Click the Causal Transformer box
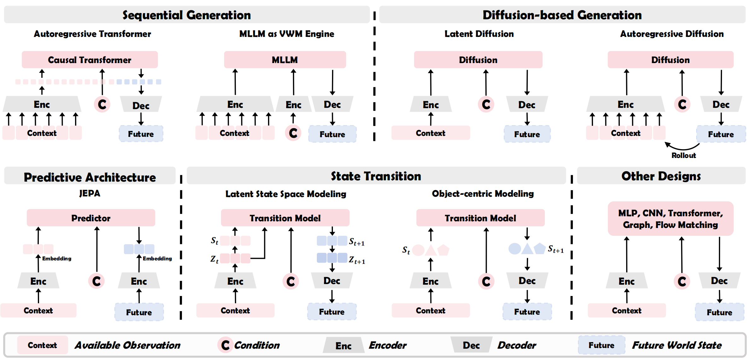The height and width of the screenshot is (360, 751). (x=90, y=60)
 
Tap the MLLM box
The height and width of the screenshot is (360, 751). (x=285, y=60)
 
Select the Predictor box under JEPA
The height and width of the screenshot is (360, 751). (x=91, y=218)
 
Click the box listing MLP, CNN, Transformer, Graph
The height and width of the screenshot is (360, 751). (x=670, y=219)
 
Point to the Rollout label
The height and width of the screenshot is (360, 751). (x=683, y=155)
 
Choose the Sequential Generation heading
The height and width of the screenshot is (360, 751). (x=187, y=15)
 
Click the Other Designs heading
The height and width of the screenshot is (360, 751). (x=661, y=176)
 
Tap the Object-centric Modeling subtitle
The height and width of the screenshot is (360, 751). (x=482, y=194)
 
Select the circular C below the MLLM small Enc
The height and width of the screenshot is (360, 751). (x=293, y=133)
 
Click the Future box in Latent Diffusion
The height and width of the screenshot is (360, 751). (x=527, y=134)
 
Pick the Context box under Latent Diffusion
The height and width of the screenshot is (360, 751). (x=430, y=133)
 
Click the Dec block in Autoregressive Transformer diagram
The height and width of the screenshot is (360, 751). (x=141, y=105)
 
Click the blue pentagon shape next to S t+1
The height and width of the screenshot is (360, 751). (x=539, y=248)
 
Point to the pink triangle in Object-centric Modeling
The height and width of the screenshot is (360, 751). (x=431, y=250)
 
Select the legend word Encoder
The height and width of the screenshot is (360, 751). (x=387, y=345)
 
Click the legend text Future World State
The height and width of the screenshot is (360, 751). (x=677, y=345)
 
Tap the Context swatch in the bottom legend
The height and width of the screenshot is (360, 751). (x=42, y=345)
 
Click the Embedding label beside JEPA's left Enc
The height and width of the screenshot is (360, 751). (x=57, y=258)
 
